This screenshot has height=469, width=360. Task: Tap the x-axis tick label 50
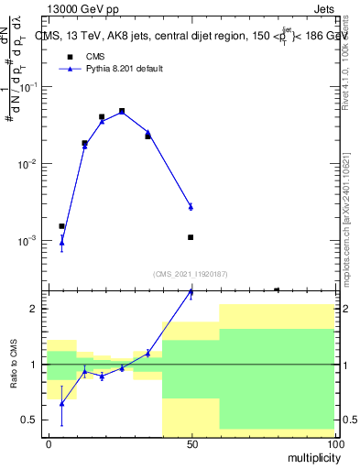click(x=191, y=444)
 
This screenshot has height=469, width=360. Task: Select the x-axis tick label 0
click(x=49, y=444)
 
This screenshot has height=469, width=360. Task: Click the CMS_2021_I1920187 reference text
click(x=191, y=273)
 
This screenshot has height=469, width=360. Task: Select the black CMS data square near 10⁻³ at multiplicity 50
click(x=191, y=237)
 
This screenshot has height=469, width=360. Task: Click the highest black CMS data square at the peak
click(x=122, y=111)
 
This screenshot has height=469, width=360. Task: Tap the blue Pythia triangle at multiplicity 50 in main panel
click(x=191, y=207)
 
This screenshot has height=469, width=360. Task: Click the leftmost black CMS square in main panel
click(x=61, y=226)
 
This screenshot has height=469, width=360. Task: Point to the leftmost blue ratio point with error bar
click(x=61, y=403)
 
